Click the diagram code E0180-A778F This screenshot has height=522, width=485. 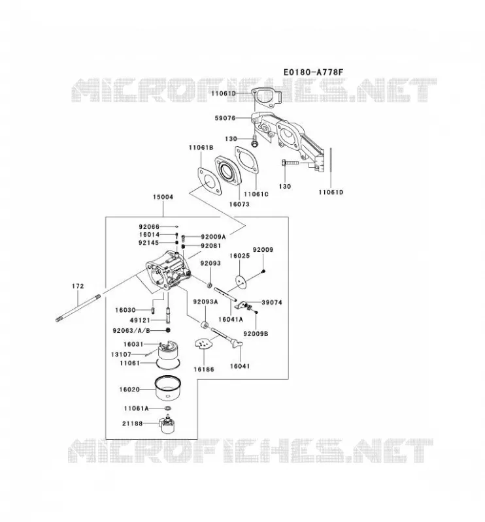[x=313, y=72]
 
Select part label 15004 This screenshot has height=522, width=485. [x=163, y=197]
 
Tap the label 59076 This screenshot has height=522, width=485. [x=225, y=118]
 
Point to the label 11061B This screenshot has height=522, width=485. [x=201, y=147]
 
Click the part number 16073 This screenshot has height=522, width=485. [x=239, y=204]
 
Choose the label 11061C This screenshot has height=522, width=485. [x=256, y=194]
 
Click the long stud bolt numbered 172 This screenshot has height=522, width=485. [x=78, y=308]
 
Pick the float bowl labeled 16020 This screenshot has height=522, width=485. [x=168, y=388]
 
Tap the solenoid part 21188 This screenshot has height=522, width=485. [x=167, y=423]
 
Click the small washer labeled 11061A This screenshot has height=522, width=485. [x=168, y=408]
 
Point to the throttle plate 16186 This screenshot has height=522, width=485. [x=203, y=345]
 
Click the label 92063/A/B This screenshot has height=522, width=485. [x=131, y=330]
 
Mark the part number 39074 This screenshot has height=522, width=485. [x=271, y=302]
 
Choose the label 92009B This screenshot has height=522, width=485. [x=256, y=333]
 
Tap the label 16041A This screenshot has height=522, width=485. [x=231, y=319]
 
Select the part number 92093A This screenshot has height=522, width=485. [x=205, y=301]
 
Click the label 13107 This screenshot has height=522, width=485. [x=121, y=354]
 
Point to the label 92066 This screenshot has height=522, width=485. [x=149, y=226]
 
